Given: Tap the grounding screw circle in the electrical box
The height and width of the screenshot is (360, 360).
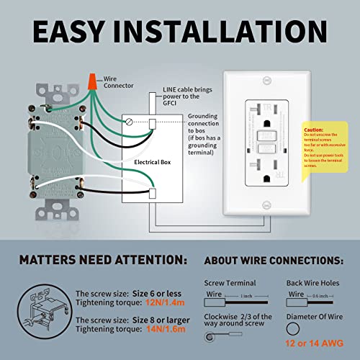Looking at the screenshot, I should pyautogui.click(x=129, y=122).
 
